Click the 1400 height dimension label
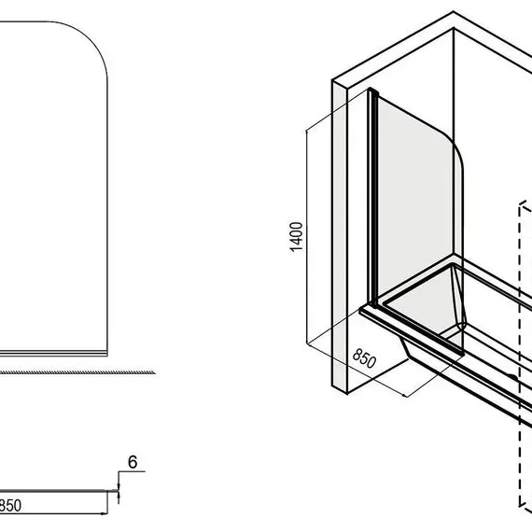(x=297, y=236)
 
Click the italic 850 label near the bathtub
(x=364, y=358)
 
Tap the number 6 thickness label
(x=133, y=462)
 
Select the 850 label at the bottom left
(x=10, y=506)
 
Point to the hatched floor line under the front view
(x=77, y=372)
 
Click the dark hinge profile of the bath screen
(x=373, y=199)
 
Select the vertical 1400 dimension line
(x=307, y=237)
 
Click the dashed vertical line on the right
(x=520, y=355)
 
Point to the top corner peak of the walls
(x=454, y=12)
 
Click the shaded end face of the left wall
(x=340, y=236)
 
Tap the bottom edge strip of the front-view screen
(x=53, y=353)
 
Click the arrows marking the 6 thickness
(x=119, y=491)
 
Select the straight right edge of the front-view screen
(x=107, y=217)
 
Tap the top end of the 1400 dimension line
(x=307, y=131)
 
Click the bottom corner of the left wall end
(x=347, y=394)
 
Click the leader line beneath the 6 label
(x=132, y=471)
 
